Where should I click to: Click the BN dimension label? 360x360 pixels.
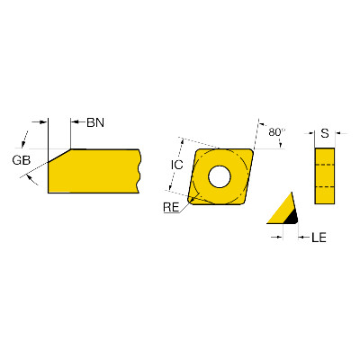point(95,122)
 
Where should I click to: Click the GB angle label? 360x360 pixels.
point(22,160)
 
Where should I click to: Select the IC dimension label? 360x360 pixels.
point(177,165)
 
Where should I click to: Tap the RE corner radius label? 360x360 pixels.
point(171,207)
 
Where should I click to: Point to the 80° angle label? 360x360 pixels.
point(276,132)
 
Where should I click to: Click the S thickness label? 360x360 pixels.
point(325,133)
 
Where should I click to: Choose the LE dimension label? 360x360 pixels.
point(319,238)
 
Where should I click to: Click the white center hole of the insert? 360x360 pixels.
point(220,176)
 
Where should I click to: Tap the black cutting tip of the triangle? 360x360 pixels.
point(291,218)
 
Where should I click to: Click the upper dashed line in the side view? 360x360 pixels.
point(325,165)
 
